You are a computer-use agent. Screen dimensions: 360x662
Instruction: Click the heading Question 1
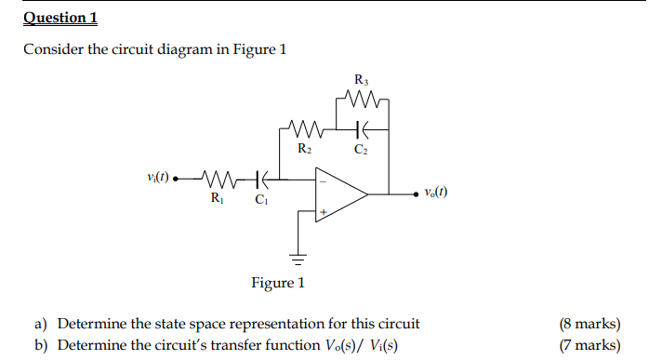[x=60, y=18]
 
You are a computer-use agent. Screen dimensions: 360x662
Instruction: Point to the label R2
[x=304, y=148]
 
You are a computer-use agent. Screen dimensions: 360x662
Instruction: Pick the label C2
[x=360, y=148]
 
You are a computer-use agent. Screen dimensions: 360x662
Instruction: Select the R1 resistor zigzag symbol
[x=220, y=178]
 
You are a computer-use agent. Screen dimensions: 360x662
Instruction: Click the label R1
[x=216, y=197]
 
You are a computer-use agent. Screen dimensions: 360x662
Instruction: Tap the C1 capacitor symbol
[x=262, y=178]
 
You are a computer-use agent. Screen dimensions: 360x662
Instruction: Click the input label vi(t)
[x=159, y=177]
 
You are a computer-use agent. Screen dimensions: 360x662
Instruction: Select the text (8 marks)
[x=589, y=324]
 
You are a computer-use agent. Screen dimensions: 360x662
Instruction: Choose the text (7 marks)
[x=589, y=345]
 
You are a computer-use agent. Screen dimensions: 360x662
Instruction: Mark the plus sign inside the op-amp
[x=324, y=213]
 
